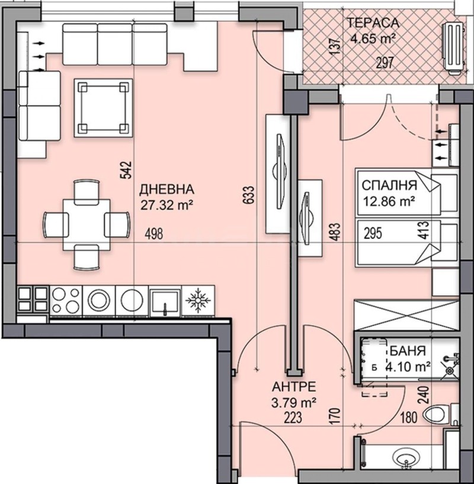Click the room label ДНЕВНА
point(166,190)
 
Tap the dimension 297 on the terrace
point(387,64)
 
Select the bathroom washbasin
point(406,460)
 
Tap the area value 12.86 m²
point(388,201)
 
